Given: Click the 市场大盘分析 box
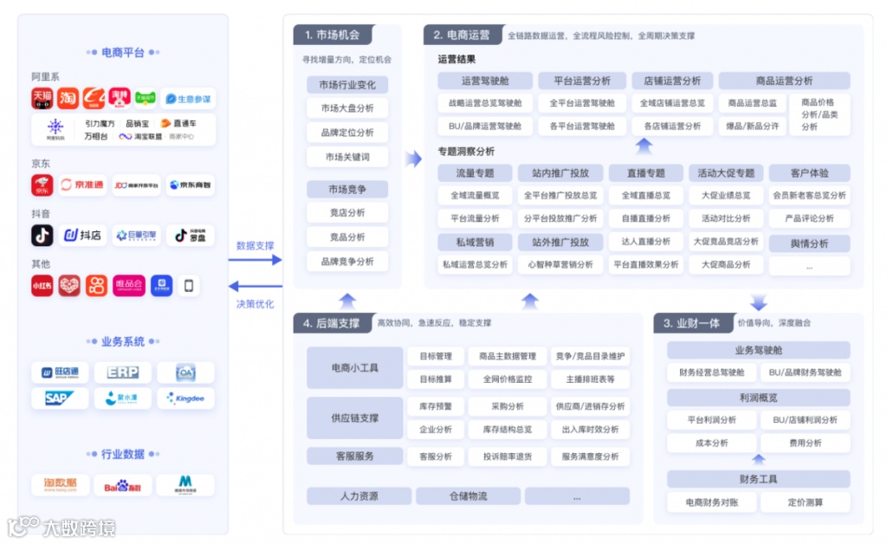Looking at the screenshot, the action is (346, 108).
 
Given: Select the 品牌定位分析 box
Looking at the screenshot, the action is (346, 133).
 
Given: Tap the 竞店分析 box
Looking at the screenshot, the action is (346, 212).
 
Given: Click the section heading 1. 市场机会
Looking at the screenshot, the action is (332, 36).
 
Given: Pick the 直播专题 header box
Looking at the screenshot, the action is (645, 172).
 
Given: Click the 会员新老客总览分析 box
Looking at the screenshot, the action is (809, 195).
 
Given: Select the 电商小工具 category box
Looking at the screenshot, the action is (354, 367).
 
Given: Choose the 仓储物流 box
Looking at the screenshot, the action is (468, 496).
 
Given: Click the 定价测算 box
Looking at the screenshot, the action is (805, 502).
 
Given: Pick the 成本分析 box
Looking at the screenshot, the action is (712, 443).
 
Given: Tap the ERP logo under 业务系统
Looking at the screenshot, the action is (123, 372).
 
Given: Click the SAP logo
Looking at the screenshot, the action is (61, 398).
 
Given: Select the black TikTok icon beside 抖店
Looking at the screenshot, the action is (42, 235).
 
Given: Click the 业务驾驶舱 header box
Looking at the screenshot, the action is (758, 350).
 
